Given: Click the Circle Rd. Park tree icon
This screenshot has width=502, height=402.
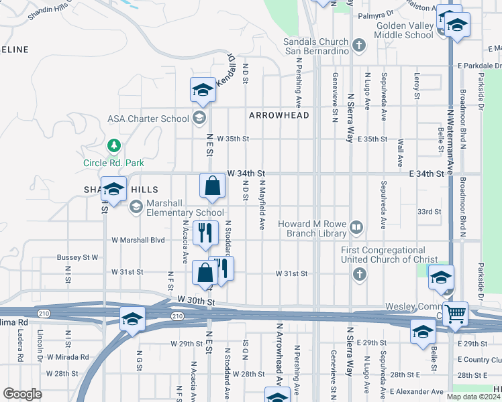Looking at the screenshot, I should tap(114, 145).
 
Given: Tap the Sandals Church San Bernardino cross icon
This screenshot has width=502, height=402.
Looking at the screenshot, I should tap(359, 46).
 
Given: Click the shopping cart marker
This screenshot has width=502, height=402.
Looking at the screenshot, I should tap(455, 313).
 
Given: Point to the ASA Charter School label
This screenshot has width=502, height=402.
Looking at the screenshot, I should tap(148, 119).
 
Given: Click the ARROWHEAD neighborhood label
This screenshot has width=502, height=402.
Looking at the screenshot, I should tap(279, 115).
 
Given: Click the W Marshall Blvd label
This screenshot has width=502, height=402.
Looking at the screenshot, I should tap(138, 239).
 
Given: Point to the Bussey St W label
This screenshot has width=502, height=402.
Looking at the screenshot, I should tap(78, 257).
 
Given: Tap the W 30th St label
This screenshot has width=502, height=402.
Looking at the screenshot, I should tap(197, 301).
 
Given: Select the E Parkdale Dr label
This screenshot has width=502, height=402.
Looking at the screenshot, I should tap(479, 66).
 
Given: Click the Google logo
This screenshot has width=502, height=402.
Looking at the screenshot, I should tap(22, 394).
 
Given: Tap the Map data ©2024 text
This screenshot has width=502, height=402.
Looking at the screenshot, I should tap(472, 397).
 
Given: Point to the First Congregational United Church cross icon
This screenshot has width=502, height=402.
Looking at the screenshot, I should tap(359, 273).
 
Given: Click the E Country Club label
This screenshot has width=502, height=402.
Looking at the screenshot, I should tap(479, 360).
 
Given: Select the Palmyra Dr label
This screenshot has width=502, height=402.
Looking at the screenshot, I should tap(376, 13).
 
